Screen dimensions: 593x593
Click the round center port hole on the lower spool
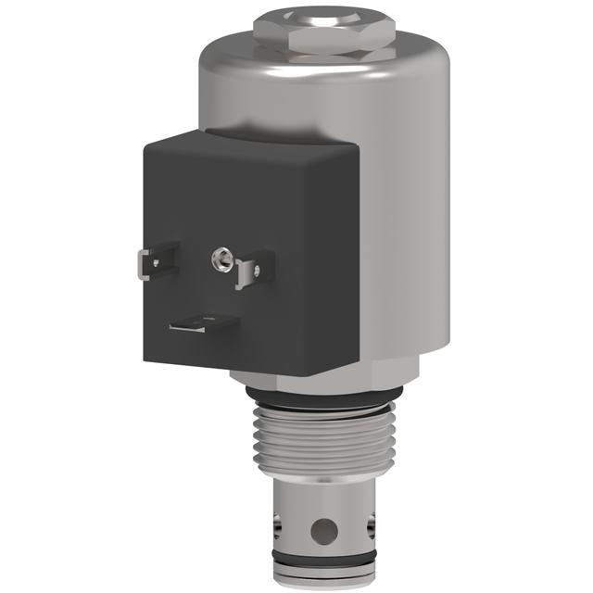(x=323, y=531)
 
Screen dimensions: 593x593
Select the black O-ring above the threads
(x=324, y=401)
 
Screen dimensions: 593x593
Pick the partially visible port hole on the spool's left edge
(x=275, y=529)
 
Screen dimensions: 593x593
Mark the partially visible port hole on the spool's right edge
(x=372, y=528)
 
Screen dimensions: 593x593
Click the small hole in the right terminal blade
(x=257, y=271)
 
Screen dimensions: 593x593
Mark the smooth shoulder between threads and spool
(x=323, y=486)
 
